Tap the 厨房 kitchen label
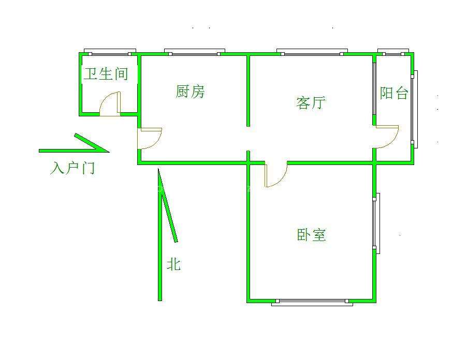point(190,92)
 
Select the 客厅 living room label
point(310,102)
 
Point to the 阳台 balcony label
point(394,93)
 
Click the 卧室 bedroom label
point(311,235)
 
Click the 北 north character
point(173,264)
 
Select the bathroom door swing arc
point(109,103)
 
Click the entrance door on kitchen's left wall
point(150,138)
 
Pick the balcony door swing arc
point(387,137)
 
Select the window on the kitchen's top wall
point(192,52)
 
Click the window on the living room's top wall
point(311,52)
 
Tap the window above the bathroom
point(110,52)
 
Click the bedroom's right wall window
point(377,223)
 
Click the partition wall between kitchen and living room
point(248,91)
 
